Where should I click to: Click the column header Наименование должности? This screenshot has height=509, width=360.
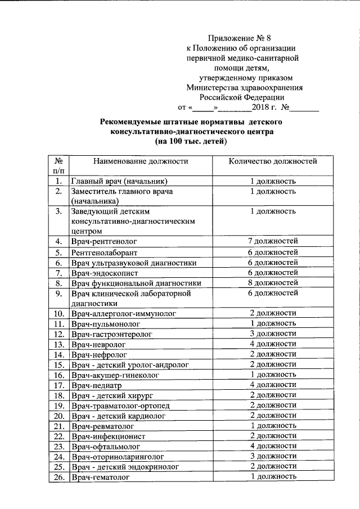coord(140,161)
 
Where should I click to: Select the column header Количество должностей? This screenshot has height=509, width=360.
coord(273,161)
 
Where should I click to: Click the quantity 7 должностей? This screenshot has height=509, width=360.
coord(273,241)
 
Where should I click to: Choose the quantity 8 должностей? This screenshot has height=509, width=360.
coord(273,282)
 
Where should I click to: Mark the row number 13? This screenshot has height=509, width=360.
coord(58,344)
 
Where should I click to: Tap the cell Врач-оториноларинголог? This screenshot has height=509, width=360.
coord(117,457)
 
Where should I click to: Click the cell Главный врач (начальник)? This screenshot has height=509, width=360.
coord(119,181)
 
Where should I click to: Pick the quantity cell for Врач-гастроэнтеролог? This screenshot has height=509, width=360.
coord(273,334)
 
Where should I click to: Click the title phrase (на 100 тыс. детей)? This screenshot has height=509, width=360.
coord(191,142)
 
